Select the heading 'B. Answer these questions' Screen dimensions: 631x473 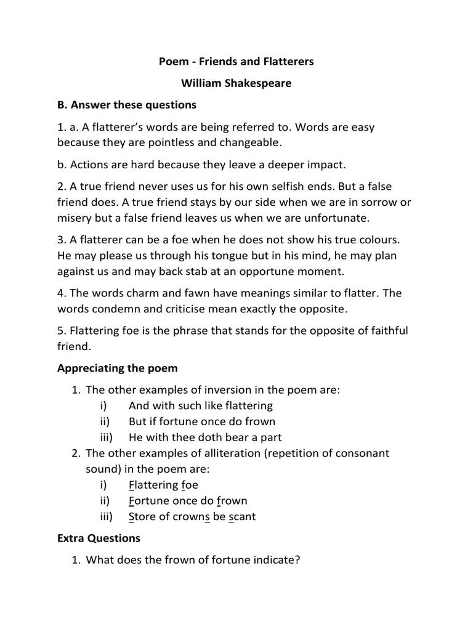pos(126,104)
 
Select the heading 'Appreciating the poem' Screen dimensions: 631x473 pos(117,368)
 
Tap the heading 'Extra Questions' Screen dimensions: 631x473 pos(99,538)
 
